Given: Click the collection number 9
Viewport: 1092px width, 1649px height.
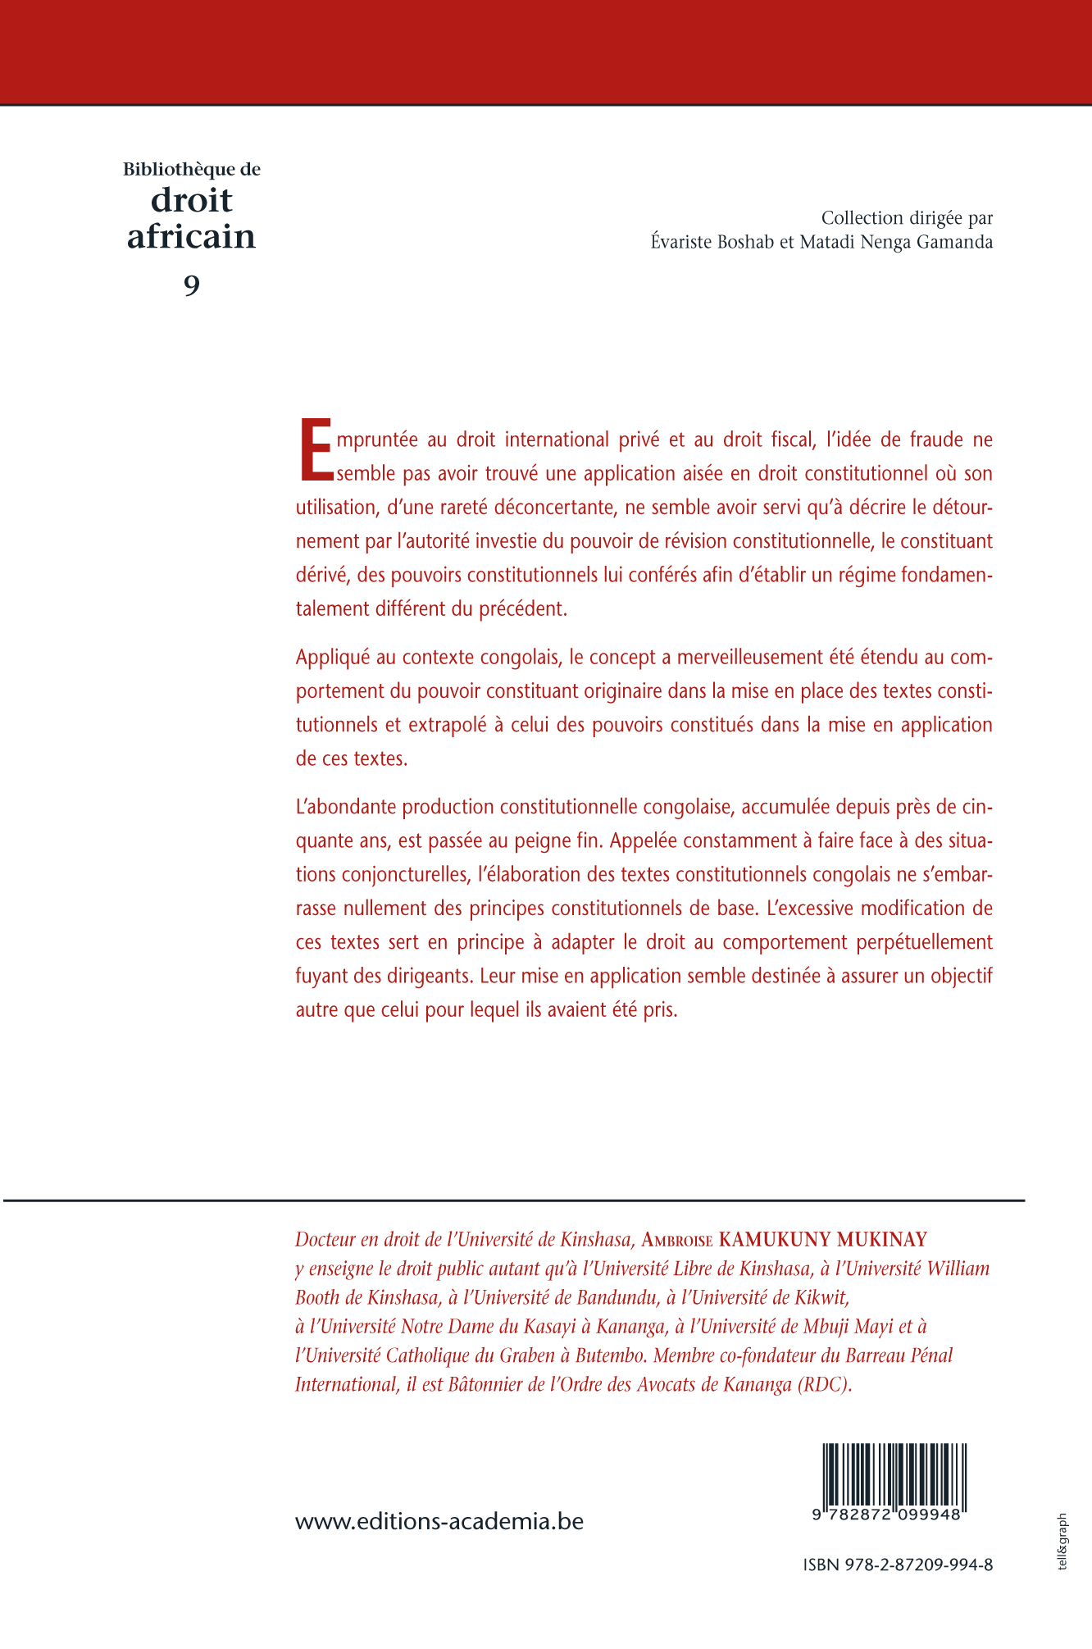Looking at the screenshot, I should pyautogui.click(x=191, y=285).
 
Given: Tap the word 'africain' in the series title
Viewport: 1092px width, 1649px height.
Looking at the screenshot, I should pyautogui.click(x=191, y=237).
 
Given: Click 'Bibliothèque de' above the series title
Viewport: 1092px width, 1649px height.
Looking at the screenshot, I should pyautogui.click(x=192, y=170).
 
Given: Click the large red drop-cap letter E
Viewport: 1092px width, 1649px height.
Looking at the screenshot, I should pyautogui.click(x=316, y=450).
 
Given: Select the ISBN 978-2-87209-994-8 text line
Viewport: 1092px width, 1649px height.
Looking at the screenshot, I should pyautogui.click(x=898, y=1565).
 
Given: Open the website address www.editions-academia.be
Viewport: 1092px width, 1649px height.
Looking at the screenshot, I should pyautogui.click(x=439, y=1522).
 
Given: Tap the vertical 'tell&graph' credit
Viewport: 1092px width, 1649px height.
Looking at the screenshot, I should pyautogui.click(x=1063, y=1542).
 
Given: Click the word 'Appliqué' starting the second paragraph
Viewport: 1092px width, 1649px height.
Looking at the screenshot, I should pyautogui.click(x=331, y=658).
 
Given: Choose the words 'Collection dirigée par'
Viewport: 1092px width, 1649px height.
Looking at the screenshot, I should pyautogui.click(x=907, y=218).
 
